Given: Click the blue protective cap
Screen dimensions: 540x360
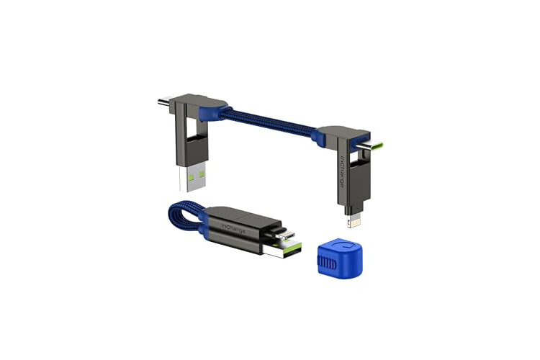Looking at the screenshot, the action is click(339, 257).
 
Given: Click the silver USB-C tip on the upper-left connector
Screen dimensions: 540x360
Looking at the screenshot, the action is click(167, 103).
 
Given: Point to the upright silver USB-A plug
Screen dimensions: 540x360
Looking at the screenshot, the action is click(192, 176).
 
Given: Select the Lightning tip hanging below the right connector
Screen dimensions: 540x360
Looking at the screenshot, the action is click(354, 220).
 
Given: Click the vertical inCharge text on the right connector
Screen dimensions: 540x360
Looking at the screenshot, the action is click(341, 172).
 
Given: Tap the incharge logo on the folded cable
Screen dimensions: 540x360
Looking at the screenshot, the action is click(233, 228).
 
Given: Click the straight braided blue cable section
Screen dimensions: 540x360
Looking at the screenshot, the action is click(269, 122).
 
